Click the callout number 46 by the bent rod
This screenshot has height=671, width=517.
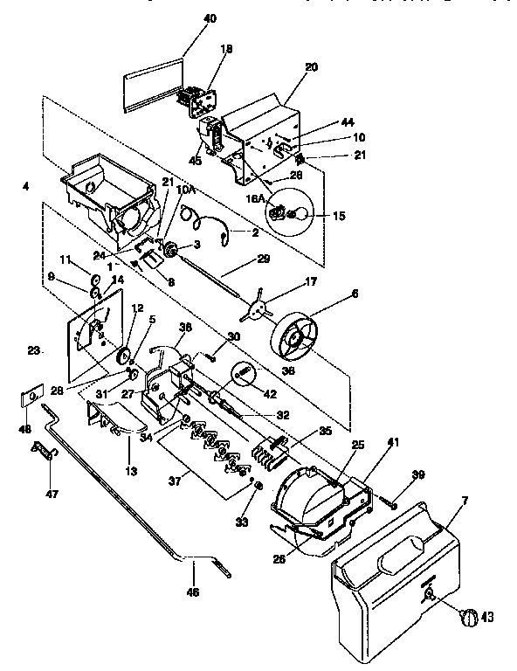pos(193,591)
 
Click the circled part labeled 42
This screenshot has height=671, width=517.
pos(245,376)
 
